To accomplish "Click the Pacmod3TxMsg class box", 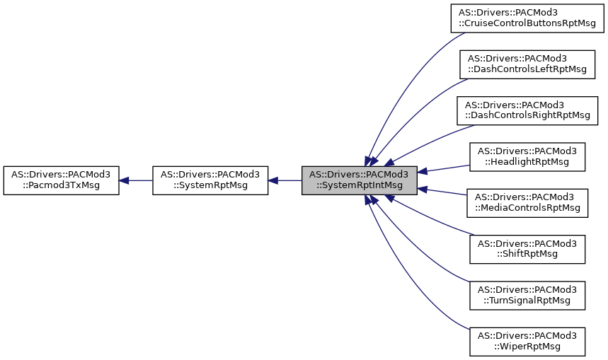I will pos(61,180).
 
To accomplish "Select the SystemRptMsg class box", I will pos(210,180).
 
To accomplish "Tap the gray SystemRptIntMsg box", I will pos(359,180).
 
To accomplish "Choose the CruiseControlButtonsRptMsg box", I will pos(527,18).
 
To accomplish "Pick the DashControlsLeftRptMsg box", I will pos(527,64).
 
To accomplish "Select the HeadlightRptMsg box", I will pos(527,156).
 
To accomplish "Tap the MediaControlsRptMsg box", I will pos(527,202).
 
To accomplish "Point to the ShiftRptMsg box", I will pos(527,248).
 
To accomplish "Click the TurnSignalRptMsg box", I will pos(527,295).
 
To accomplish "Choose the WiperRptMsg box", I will pos(527,341).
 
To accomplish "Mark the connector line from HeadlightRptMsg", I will pos(444,168).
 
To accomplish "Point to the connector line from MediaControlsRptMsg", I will pos(444,192).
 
